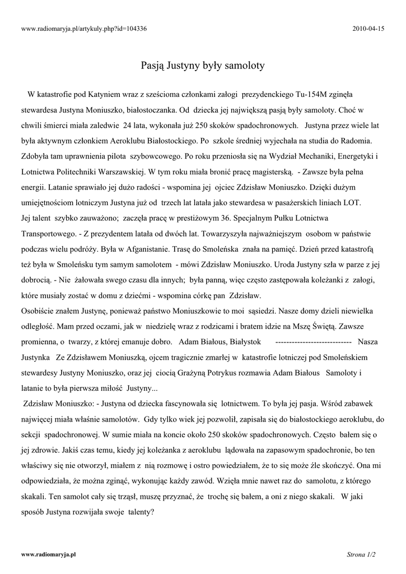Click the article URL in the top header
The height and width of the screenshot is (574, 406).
tap(84, 29)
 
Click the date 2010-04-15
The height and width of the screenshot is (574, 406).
tap(369, 29)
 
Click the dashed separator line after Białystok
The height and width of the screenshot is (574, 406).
tap(314, 340)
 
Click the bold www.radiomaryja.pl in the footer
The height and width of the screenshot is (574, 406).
tap(48, 554)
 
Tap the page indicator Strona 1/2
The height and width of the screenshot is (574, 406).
tap(361, 554)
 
